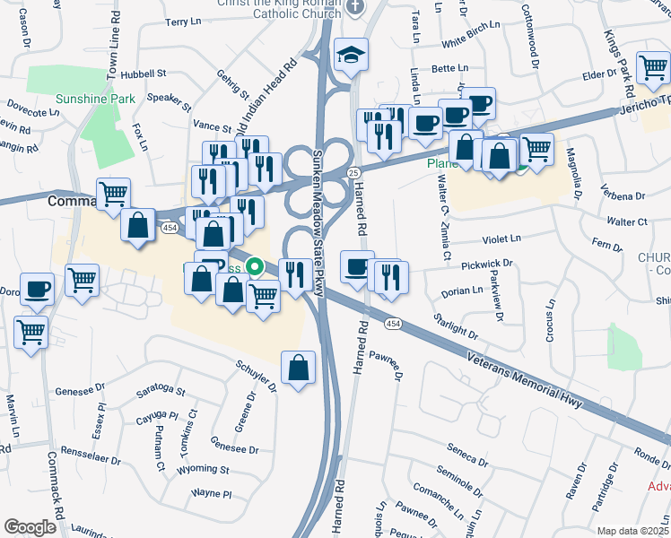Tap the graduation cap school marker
click(x=348, y=54)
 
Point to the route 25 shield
click(x=353, y=171)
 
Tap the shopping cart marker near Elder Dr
click(x=652, y=68)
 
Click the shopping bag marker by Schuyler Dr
click(x=298, y=366)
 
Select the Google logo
click(x=30, y=527)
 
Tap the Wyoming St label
click(x=205, y=468)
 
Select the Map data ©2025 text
click(x=632, y=531)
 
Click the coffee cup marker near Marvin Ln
click(x=37, y=288)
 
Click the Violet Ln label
click(x=501, y=239)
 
